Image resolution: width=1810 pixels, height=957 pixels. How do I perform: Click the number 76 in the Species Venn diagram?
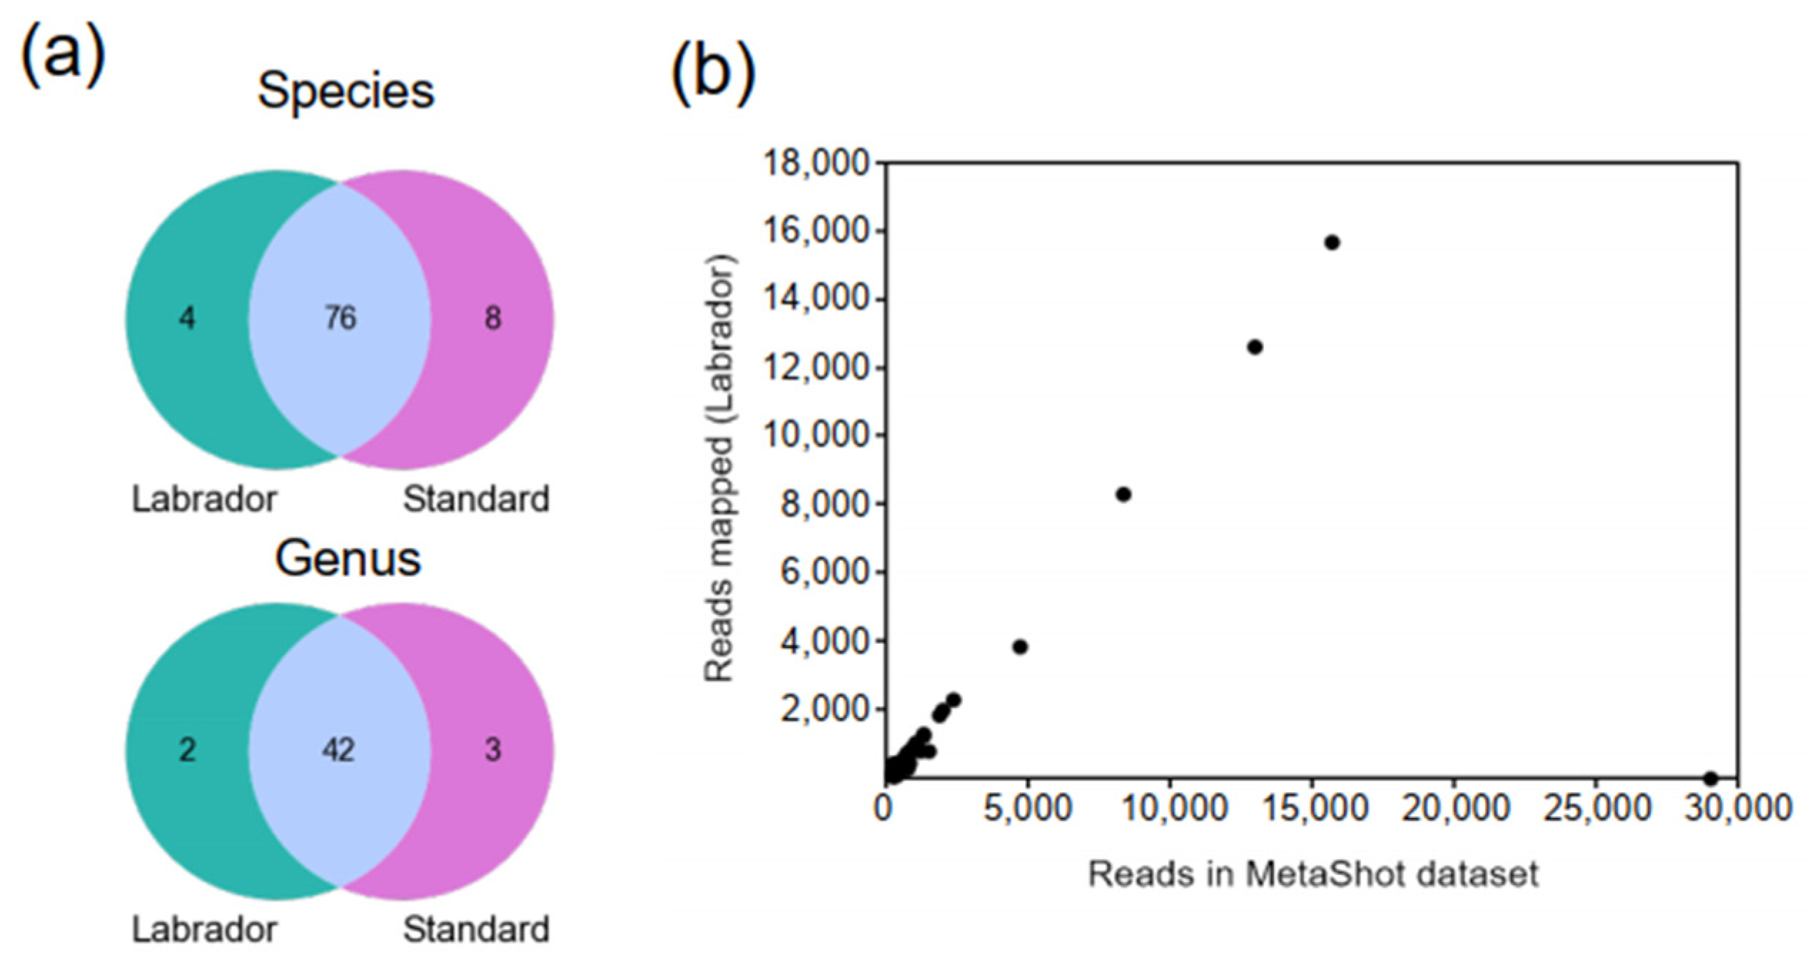pyautogui.click(x=340, y=318)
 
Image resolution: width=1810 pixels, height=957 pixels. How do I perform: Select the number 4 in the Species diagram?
pyautogui.click(x=187, y=318)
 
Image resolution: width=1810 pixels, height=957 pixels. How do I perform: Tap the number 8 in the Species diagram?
pyautogui.click(x=492, y=318)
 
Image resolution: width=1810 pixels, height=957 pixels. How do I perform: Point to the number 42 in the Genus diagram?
pyautogui.click(x=338, y=749)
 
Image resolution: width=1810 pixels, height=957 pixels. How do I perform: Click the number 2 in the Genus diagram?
pyautogui.click(x=187, y=749)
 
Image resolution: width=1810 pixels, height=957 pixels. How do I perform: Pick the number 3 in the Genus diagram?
pyautogui.click(x=492, y=749)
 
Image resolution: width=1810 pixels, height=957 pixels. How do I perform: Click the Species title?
pyautogui.click(x=346, y=91)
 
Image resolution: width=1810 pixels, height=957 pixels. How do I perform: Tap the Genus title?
pyautogui.click(x=348, y=558)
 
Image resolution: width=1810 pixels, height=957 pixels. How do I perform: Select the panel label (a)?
pyautogui.click(x=63, y=56)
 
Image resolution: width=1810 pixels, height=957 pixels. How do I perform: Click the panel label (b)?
pyautogui.click(x=712, y=74)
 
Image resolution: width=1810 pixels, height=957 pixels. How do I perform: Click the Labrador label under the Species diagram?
pyautogui.click(x=205, y=499)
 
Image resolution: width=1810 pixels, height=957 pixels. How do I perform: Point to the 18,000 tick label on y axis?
pyautogui.click(x=817, y=163)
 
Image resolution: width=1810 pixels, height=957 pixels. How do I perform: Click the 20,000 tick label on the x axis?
pyautogui.click(x=1456, y=809)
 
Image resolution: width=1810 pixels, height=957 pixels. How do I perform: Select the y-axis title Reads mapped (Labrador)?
pyautogui.click(x=719, y=467)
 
